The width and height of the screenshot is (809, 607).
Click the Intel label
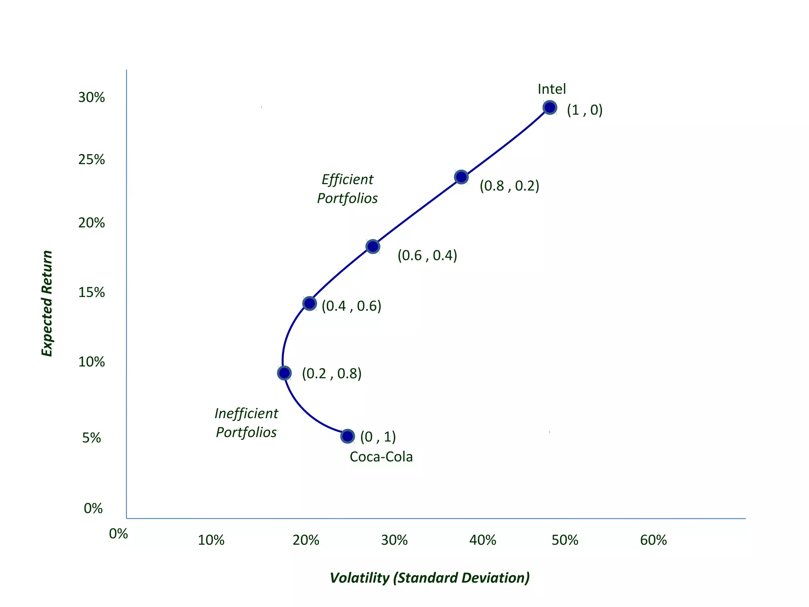[x=551, y=89]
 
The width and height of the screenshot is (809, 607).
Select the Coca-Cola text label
[x=381, y=457]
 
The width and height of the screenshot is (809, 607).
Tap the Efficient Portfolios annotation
[x=347, y=189]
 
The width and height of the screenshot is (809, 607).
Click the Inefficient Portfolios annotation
[x=246, y=423]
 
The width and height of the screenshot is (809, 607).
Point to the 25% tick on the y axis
[x=92, y=160]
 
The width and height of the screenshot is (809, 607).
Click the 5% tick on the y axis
[x=92, y=438]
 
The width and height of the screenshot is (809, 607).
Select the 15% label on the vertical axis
[x=92, y=292]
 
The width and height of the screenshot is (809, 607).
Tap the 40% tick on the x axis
[x=483, y=540]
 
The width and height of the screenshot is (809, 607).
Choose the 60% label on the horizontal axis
[x=653, y=540]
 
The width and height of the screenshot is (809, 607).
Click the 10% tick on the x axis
[x=211, y=540]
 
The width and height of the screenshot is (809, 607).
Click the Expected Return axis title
[x=47, y=303]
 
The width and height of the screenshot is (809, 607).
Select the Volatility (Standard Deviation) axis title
[x=429, y=578]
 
